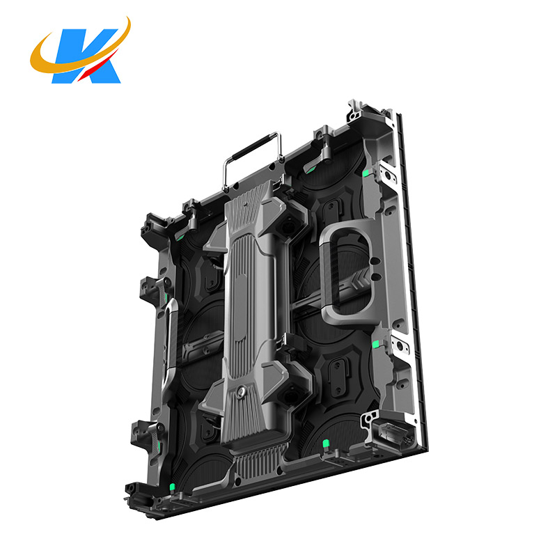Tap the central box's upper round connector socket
(288, 227)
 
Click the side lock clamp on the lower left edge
(147, 436)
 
